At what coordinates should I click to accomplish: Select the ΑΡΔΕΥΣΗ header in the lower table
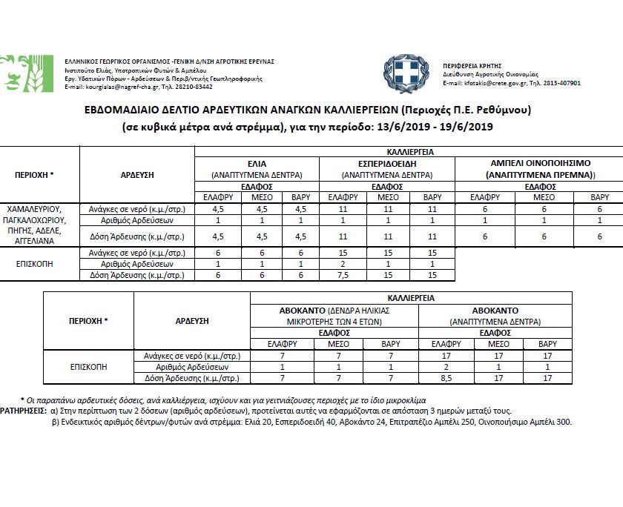point(194,321)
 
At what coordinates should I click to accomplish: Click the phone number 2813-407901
point(561,83)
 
